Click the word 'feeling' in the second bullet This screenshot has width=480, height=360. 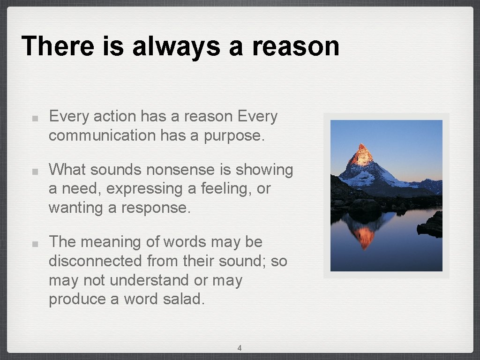point(228,189)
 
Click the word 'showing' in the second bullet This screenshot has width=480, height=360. point(264,170)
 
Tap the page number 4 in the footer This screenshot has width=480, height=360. point(240,348)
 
